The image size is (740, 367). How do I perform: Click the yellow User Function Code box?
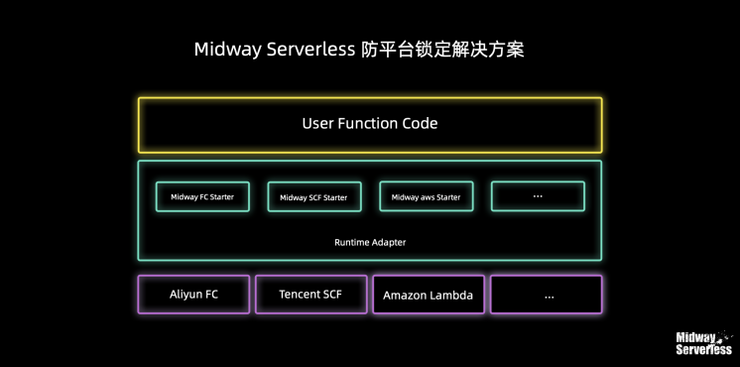(x=369, y=125)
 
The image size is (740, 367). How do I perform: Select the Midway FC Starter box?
(x=202, y=196)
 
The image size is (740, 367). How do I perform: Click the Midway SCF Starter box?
(x=313, y=197)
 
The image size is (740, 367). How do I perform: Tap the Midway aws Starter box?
(x=426, y=197)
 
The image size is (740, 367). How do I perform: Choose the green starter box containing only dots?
(x=538, y=196)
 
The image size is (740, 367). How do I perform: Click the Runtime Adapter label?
(x=369, y=242)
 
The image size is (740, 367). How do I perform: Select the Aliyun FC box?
(x=193, y=295)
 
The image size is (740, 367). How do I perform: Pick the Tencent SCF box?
(x=310, y=295)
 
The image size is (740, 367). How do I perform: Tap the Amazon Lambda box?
(x=428, y=296)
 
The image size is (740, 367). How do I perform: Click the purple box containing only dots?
(x=546, y=296)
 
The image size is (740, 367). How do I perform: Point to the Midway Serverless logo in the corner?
(x=703, y=342)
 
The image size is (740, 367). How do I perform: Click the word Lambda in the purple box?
(x=450, y=296)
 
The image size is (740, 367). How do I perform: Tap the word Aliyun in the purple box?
(x=185, y=295)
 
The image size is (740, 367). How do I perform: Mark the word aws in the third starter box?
(x=428, y=197)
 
